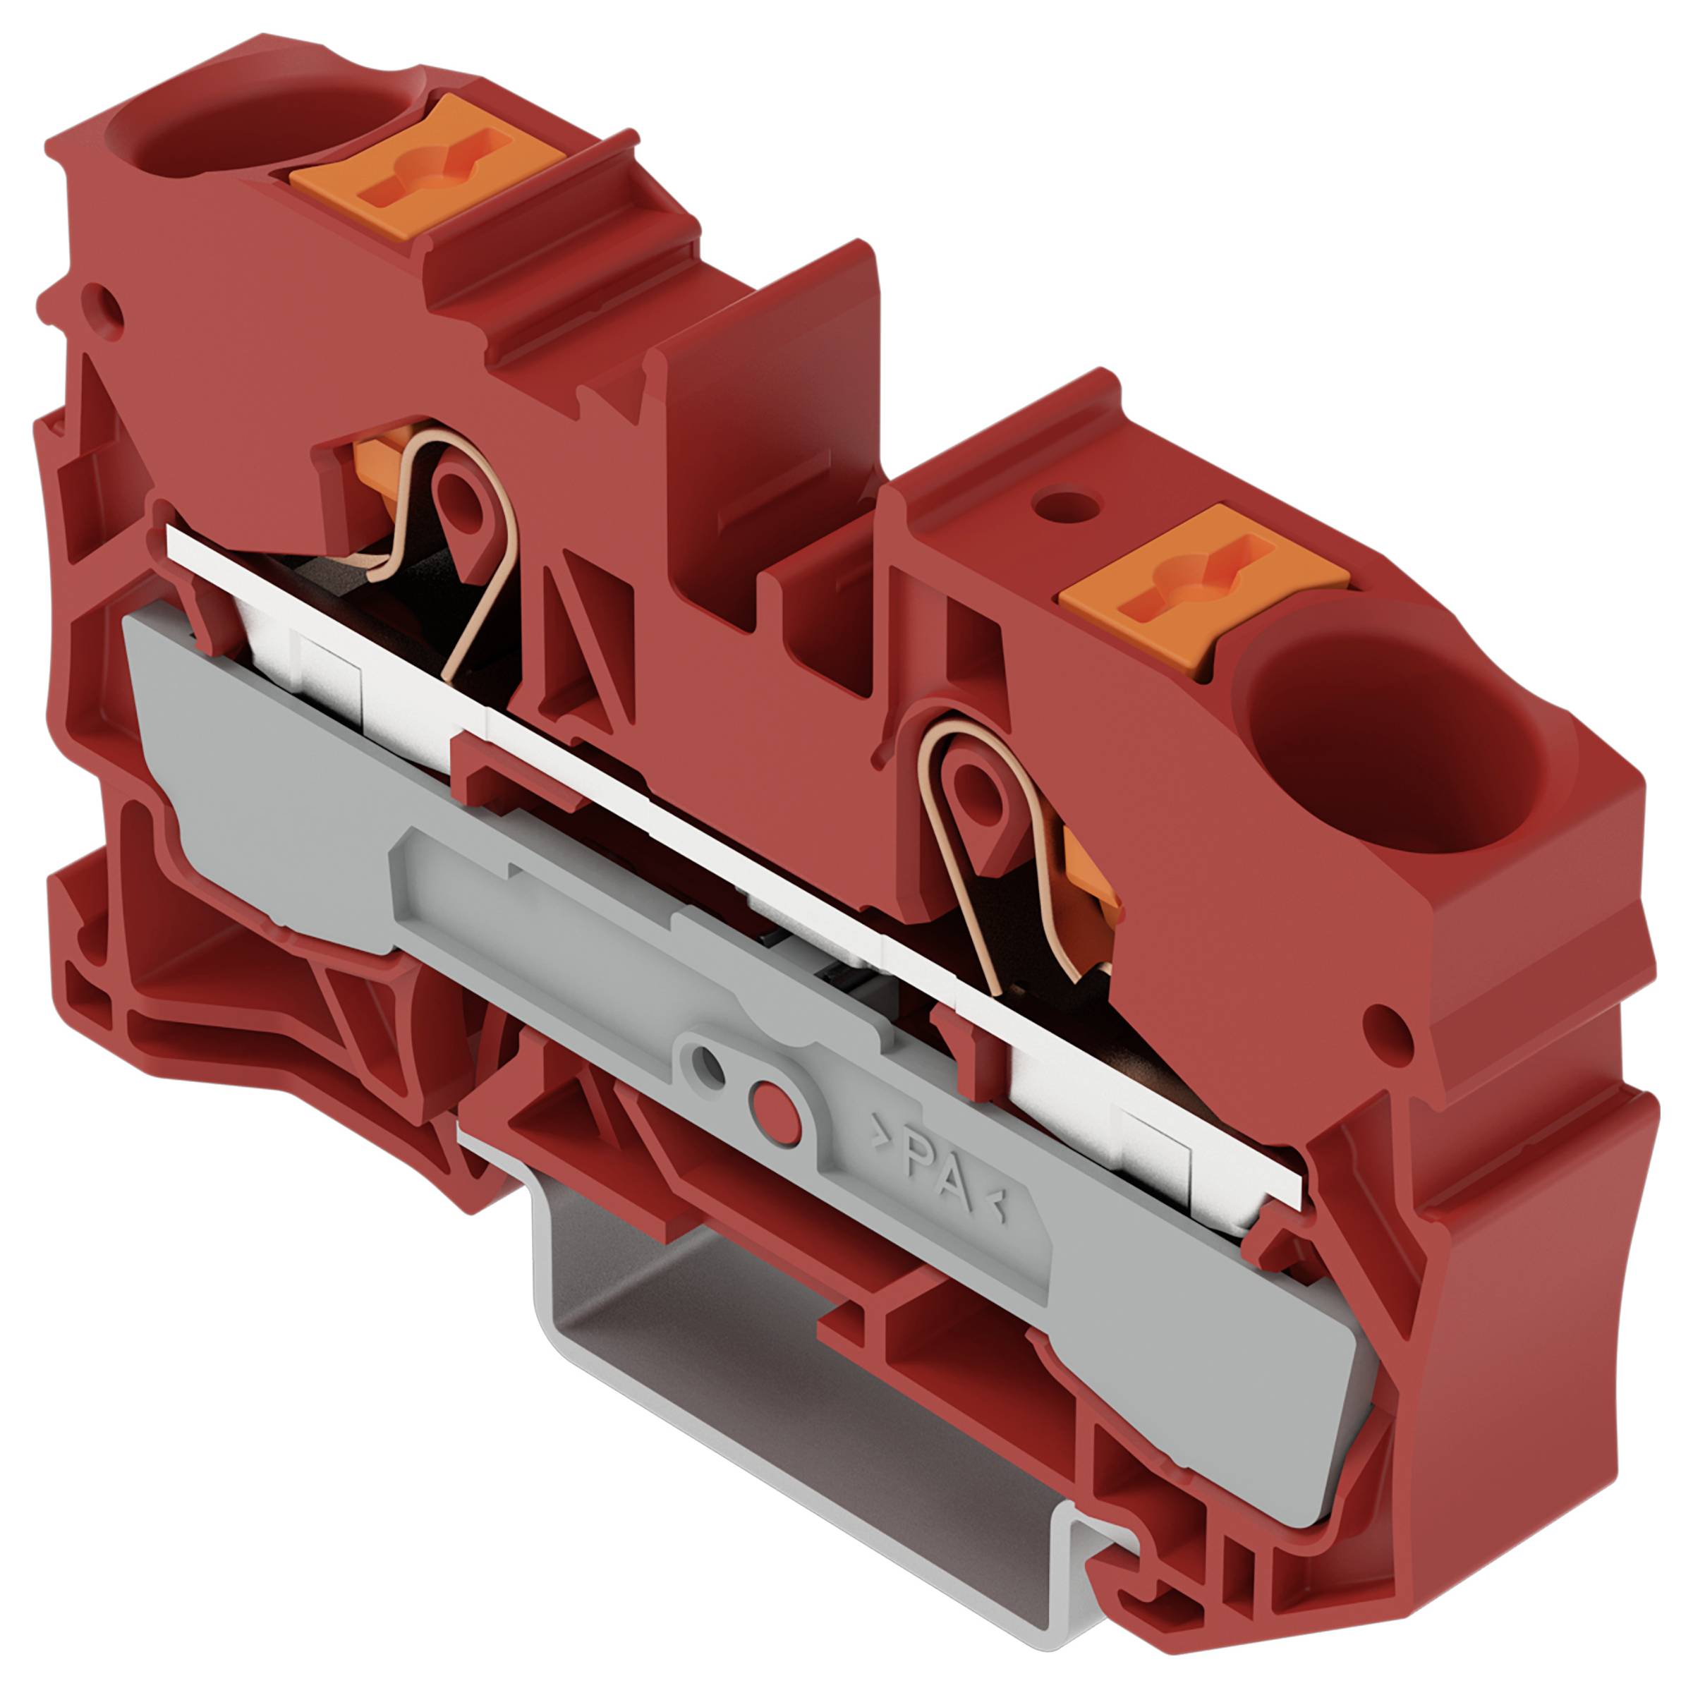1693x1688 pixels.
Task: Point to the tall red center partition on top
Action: [771, 386]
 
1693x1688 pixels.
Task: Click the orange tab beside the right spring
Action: [1091, 885]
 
